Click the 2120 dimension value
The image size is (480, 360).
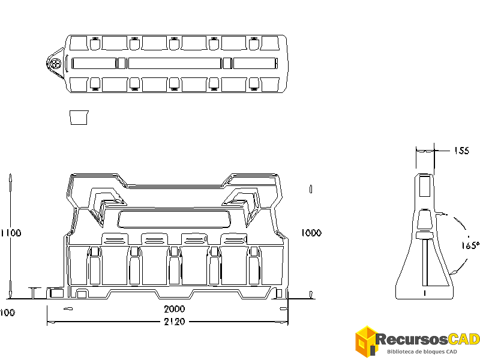[174, 322]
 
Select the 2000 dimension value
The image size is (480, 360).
[175, 309]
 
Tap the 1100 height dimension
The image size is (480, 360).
[11, 233]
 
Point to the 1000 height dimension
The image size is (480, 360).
[311, 233]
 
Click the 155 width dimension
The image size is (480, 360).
[461, 151]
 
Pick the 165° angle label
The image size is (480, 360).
[470, 245]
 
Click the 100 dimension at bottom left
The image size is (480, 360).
[7, 313]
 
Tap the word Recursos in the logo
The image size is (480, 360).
[406, 340]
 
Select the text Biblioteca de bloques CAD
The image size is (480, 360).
[422, 351]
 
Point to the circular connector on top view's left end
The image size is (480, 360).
[55, 63]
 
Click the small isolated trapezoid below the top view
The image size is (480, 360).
[79, 117]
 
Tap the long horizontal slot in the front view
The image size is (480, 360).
[175, 219]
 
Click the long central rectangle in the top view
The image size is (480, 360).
[175, 63]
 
